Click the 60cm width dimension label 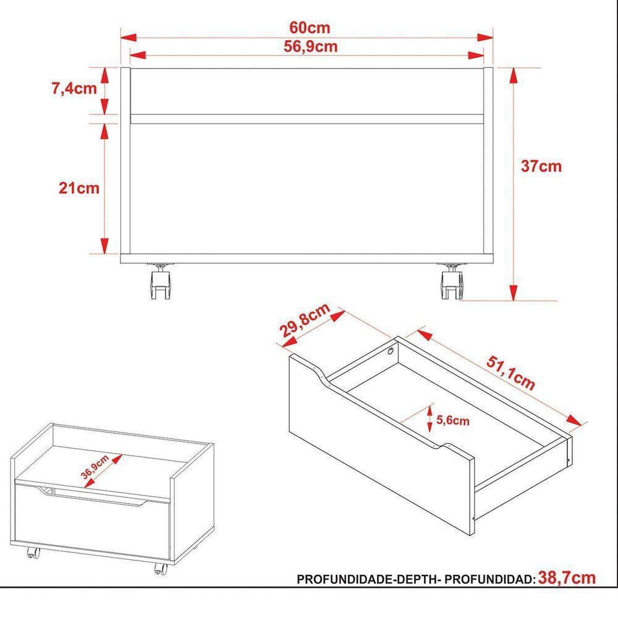[310, 28]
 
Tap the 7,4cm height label [74, 88]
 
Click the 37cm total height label [541, 166]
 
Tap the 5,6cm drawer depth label [452, 421]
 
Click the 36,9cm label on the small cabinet [95, 467]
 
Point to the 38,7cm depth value [567, 578]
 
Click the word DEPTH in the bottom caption [416, 580]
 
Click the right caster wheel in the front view [451, 284]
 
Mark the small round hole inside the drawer [391, 352]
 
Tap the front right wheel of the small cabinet [160, 567]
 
